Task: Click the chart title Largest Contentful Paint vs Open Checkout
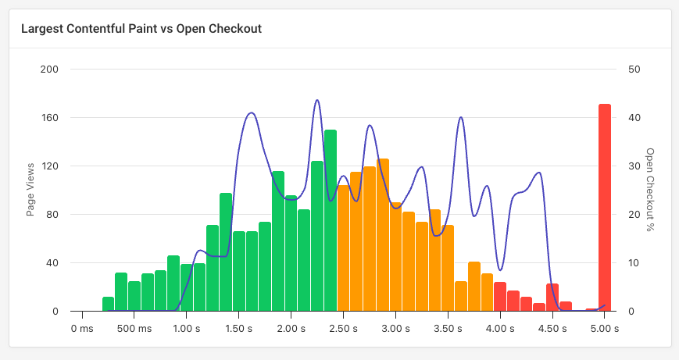tap(141, 29)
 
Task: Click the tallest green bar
tap(331, 220)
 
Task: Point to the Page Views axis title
tap(30, 190)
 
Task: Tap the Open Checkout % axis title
tap(649, 190)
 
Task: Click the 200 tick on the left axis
tap(50, 70)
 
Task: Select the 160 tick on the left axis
tap(50, 118)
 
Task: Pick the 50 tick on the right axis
tap(634, 70)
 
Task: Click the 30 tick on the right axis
tap(634, 166)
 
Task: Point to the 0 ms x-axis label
tap(82, 329)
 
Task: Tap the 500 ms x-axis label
tap(134, 329)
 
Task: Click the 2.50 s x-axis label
tap(343, 329)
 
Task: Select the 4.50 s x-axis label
tap(552, 329)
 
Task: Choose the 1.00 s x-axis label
tap(186, 329)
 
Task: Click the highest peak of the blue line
tap(317, 101)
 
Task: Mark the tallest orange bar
tap(383, 235)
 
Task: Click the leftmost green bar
tap(108, 304)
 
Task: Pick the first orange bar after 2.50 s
tap(343, 248)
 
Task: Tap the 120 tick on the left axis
tap(50, 166)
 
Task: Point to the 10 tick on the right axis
tap(634, 263)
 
